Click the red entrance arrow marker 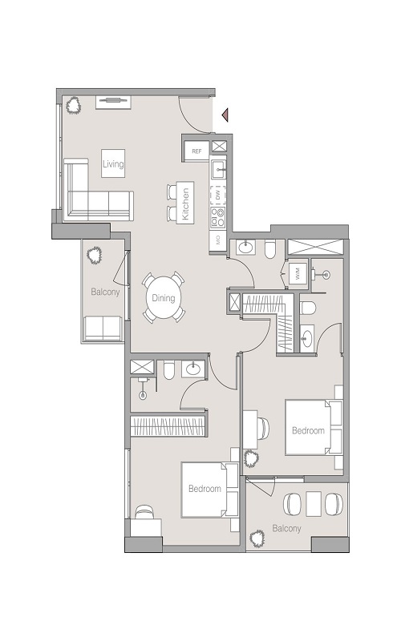[x=226, y=116]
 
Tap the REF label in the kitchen [x=196, y=150]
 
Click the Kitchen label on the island [x=185, y=204]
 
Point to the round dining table [x=164, y=298]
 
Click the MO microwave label [x=217, y=239]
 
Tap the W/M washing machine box [x=297, y=272]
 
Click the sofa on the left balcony [x=103, y=327]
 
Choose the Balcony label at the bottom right [x=286, y=528]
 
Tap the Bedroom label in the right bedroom [x=308, y=430]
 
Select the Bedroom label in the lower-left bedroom [x=205, y=488]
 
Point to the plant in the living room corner [x=75, y=104]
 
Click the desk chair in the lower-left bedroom [x=145, y=513]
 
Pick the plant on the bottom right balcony [x=258, y=538]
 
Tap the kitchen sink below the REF [x=218, y=169]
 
